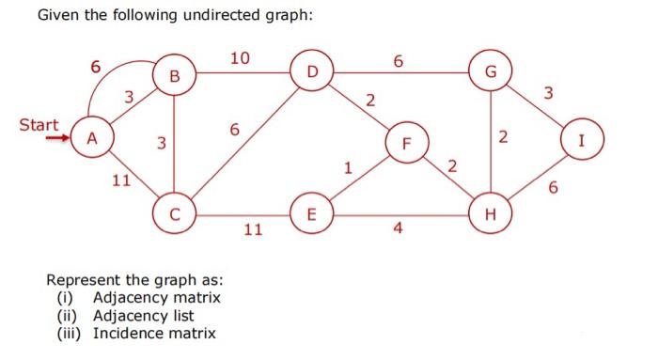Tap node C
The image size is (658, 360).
tap(175, 212)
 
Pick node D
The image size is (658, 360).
tap(312, 70)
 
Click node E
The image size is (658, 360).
tap(312, 212)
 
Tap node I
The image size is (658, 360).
tap(583, 143)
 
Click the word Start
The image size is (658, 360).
tap(39, 124)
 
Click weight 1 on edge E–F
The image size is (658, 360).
tap(348, 170)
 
